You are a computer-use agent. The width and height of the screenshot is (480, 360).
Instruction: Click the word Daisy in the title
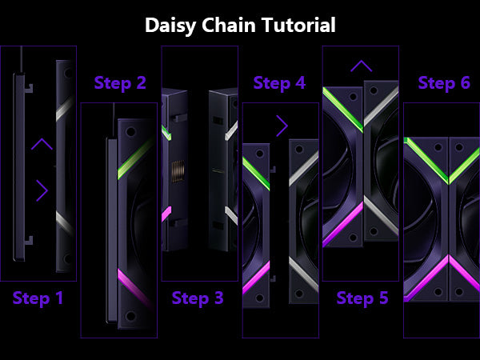click(x=170, y=26)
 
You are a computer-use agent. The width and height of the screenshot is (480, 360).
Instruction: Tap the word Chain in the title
click(x=229, y=25)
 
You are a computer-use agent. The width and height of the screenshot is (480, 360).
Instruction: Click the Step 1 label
click(x=38, y=299)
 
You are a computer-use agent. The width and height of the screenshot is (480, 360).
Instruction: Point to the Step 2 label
click(x=120, y=83)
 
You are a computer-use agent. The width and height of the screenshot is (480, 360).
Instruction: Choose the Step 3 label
click(x=198, y=299)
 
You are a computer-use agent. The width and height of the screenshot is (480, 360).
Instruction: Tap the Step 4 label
click(x=279, y=83)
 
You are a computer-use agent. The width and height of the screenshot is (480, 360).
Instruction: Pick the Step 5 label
click(x=362, y=299)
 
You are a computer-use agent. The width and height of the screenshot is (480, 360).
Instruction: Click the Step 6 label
click(x=444, y=83)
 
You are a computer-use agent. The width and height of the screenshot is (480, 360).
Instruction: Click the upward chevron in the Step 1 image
click(x=42, y=145)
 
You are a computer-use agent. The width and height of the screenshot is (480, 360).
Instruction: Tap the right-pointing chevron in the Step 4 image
click(x=282, y=125)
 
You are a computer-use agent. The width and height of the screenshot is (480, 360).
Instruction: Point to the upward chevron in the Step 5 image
click(x=361, y=66)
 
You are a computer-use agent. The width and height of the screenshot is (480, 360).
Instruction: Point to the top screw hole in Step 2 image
click(x=128, y=130)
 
